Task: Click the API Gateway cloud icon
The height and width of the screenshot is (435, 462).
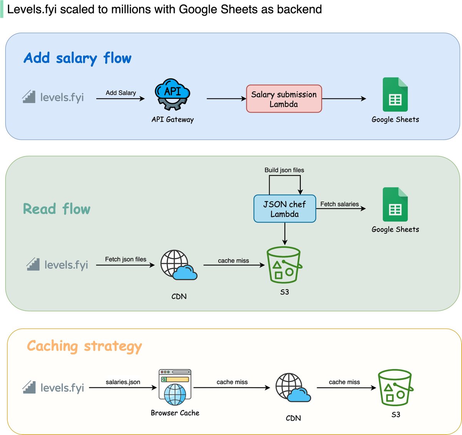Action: pyautogui.click(x=172, y=94)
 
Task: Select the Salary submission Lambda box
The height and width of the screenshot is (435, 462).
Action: pyautogui.click(x=284, y=99)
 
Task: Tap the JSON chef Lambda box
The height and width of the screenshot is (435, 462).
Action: pyautogui.click(x=285, y=209)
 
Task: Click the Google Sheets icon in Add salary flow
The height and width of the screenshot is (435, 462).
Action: pyautogui.click(x=395, y=94)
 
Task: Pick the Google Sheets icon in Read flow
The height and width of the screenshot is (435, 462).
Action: pyautogui.click(x=395, y=204)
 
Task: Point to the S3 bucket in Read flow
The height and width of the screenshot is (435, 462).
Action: pyautogui.click(x=284, y=265)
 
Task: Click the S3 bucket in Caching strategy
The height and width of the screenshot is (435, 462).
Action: pyautogui.click(x=395, y=388)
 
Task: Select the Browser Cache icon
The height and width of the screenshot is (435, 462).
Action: pyautogui.click(x=175, y=387)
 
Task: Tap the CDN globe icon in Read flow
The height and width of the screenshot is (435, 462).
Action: pyautogui.click(x=179, y=265)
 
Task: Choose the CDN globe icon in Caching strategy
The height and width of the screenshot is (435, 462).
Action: pyautogui.click(x=293, y=388)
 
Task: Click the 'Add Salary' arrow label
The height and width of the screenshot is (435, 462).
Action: pyautogui.click(x=121, y=93)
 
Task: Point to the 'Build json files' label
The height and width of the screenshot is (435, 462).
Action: pyautogui.click(x=284, y=170)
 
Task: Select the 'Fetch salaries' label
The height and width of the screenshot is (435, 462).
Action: pyautogui.click(x=340, y=204)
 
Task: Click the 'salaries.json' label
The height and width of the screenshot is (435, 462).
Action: pyautogui.click(x=123, y=382)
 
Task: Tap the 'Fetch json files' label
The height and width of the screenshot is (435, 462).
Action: pyautogui.click(x=126, y=259)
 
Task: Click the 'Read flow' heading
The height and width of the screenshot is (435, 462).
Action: pyautogui.click(x=57, y=208)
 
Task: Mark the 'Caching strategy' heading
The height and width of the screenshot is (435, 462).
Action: pyautogui.click(x=84, y=347)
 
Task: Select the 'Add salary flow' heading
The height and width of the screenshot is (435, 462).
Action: pyautogui.click(x=77, y=58)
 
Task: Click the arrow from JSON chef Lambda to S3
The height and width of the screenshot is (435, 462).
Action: pyautogui.click(x=285, y=234)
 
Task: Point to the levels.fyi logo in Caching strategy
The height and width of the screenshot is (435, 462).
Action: pyautogui.click(x=53, y=388)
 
